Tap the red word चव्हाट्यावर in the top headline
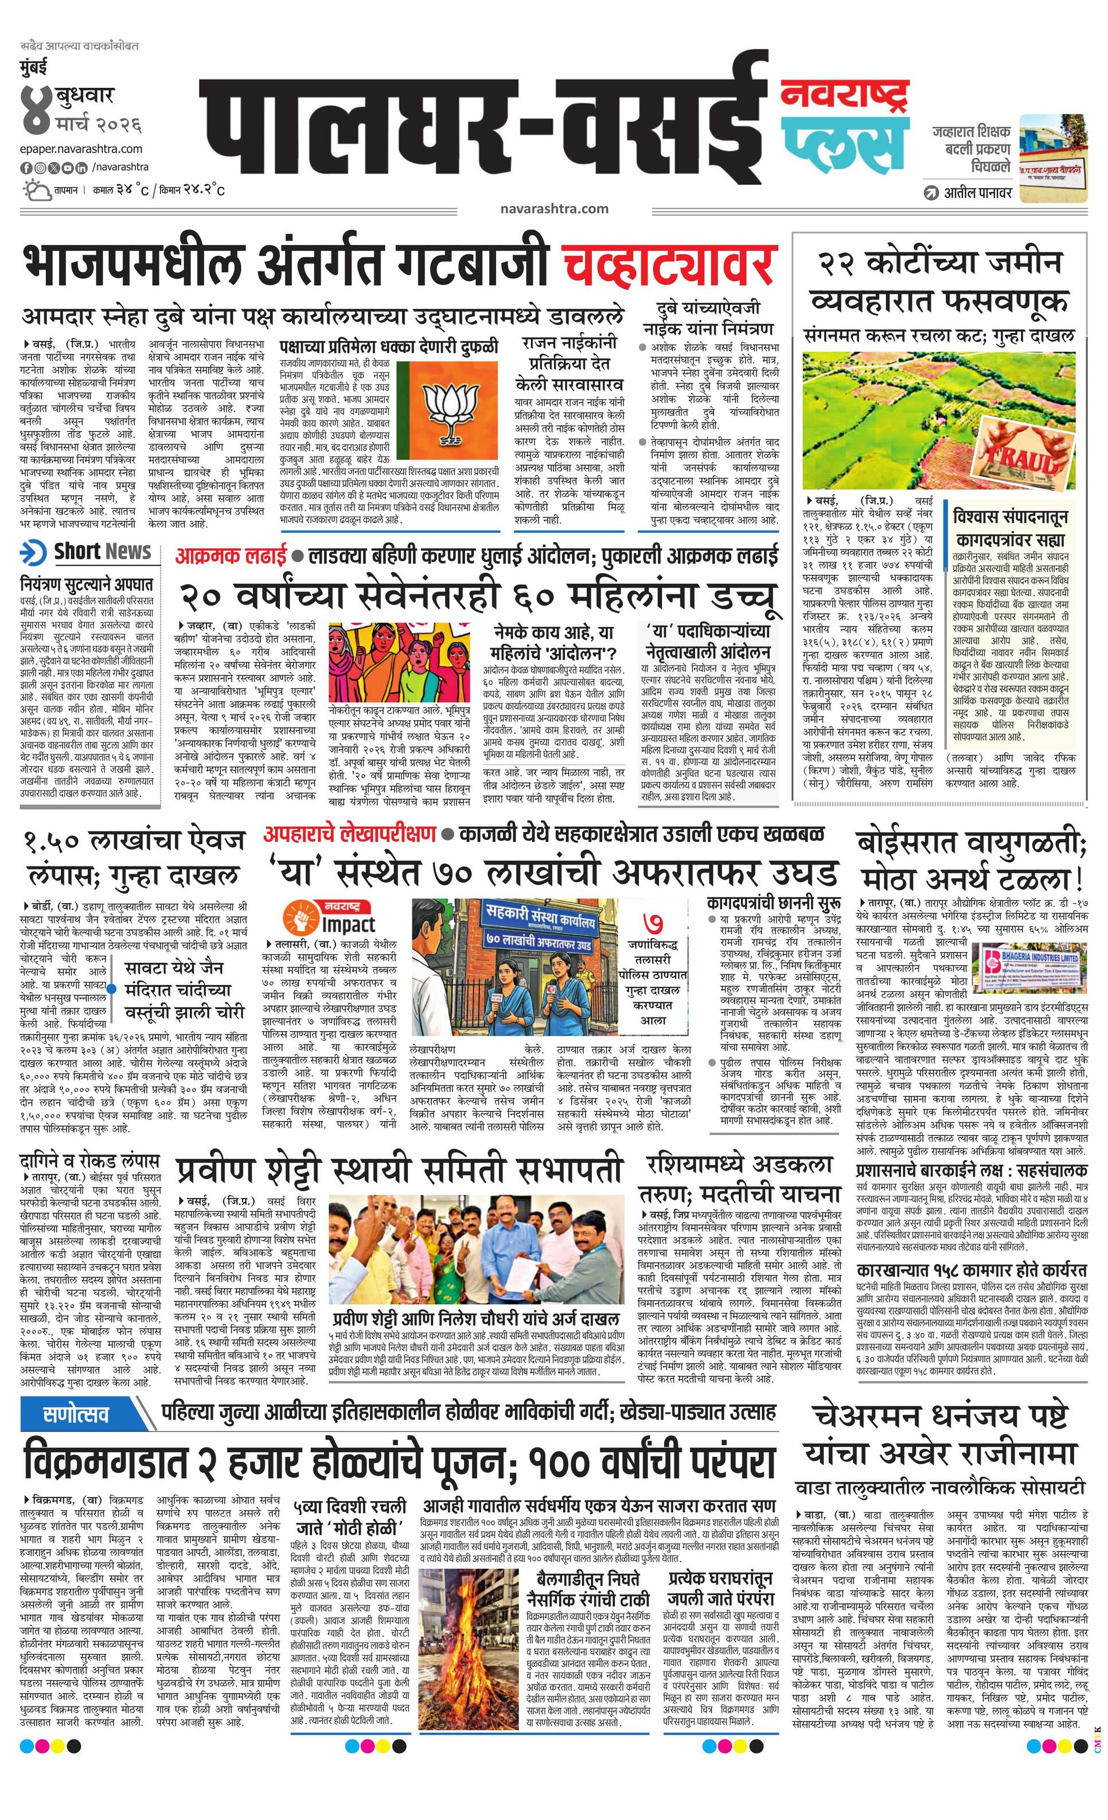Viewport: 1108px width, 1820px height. tap(668, 265)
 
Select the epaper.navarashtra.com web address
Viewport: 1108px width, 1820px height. tap(81, 149)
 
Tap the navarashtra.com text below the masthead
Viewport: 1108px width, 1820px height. tap(553, 209)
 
